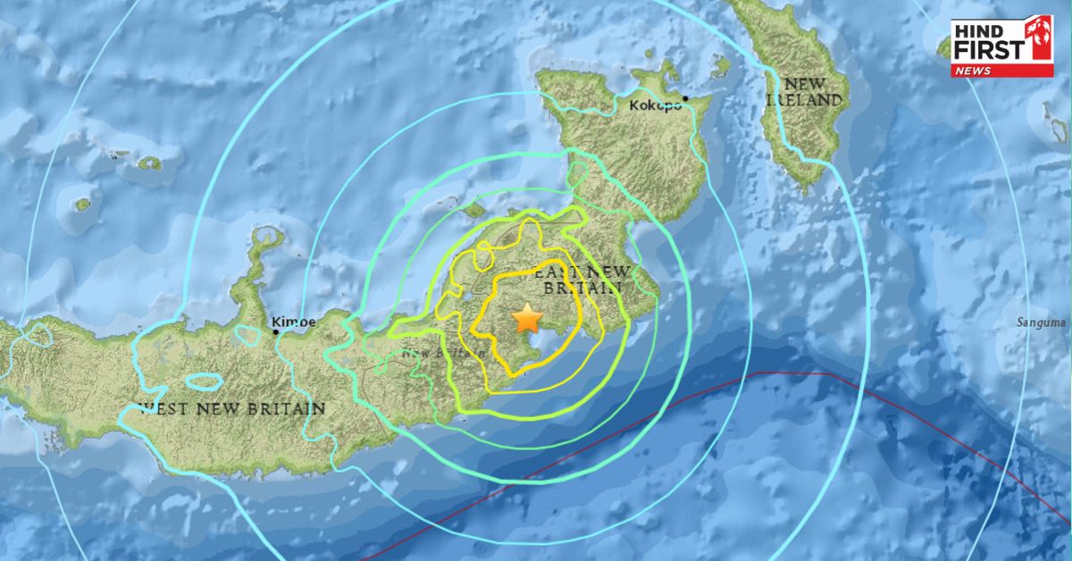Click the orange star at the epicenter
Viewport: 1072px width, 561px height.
point(528,316)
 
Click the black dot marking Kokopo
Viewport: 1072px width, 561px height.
point(685,98)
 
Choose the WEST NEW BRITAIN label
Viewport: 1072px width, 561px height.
point(233,408)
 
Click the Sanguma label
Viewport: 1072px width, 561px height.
point(1042,322)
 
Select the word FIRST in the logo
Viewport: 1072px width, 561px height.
point(987,49)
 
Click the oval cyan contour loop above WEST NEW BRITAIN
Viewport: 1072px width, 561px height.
point(205,381)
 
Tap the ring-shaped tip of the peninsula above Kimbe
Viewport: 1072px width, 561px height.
point(265,239)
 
